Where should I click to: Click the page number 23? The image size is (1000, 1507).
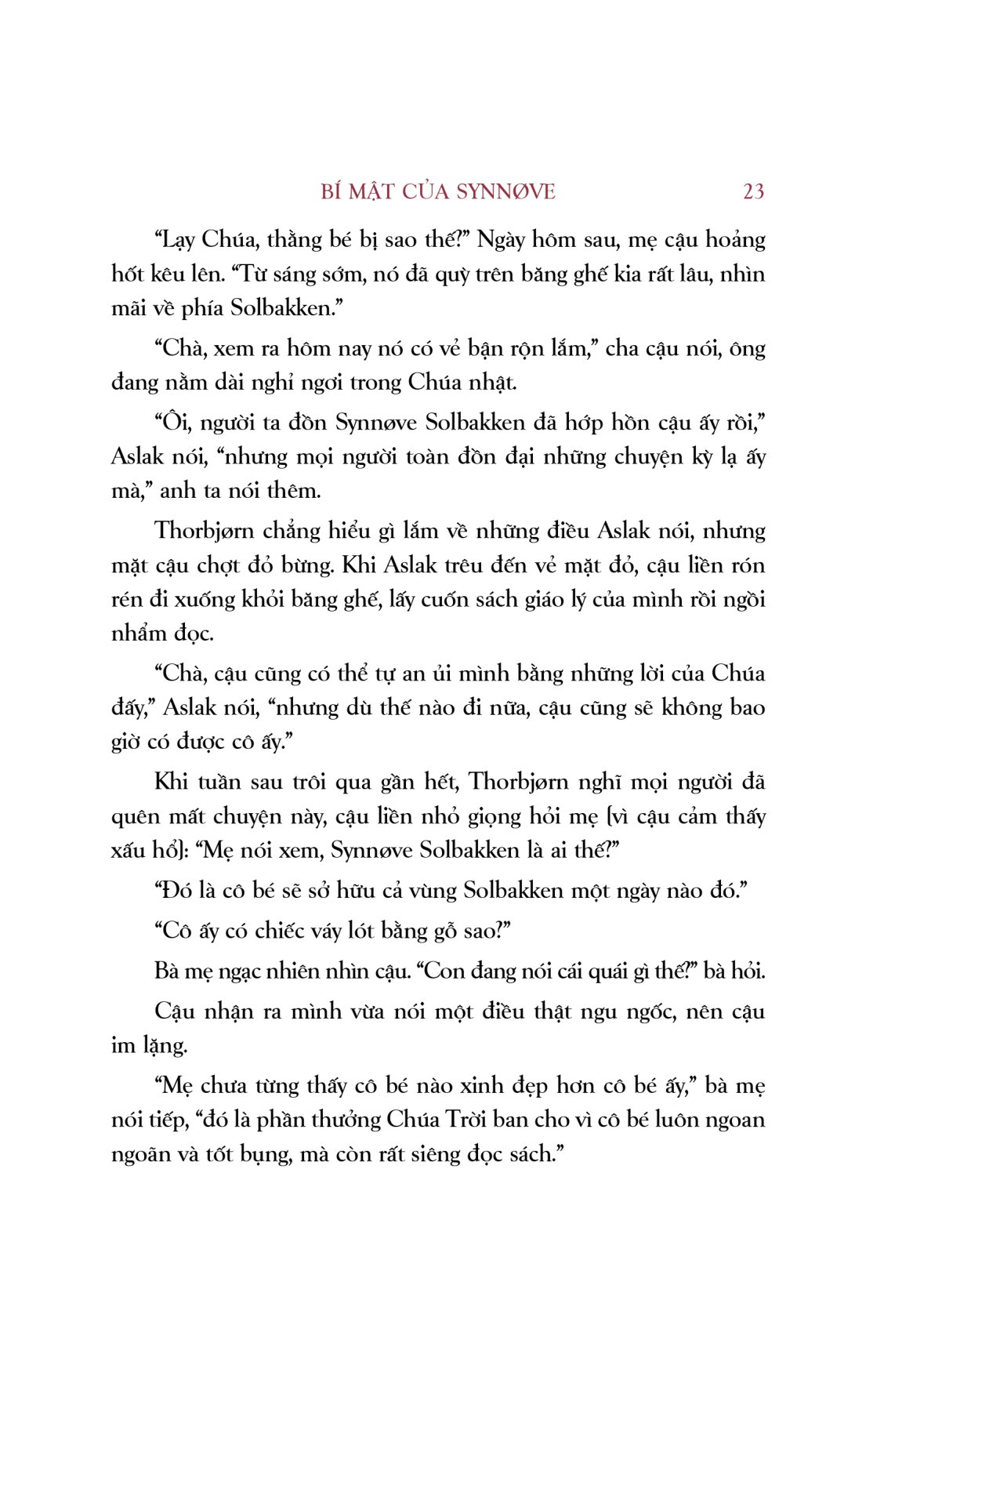pyautogui.click(x=752, y=191)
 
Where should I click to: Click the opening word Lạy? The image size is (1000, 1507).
pyautogui.click(x=175, y=239)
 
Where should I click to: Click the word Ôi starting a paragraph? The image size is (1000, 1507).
pyautogui.click(x=172, y=423)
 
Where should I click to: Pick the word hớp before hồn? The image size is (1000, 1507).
pyautogui.click(x=584, y=423)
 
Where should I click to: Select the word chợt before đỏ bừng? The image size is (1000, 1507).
pyautogui.click(x=229, y=565)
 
